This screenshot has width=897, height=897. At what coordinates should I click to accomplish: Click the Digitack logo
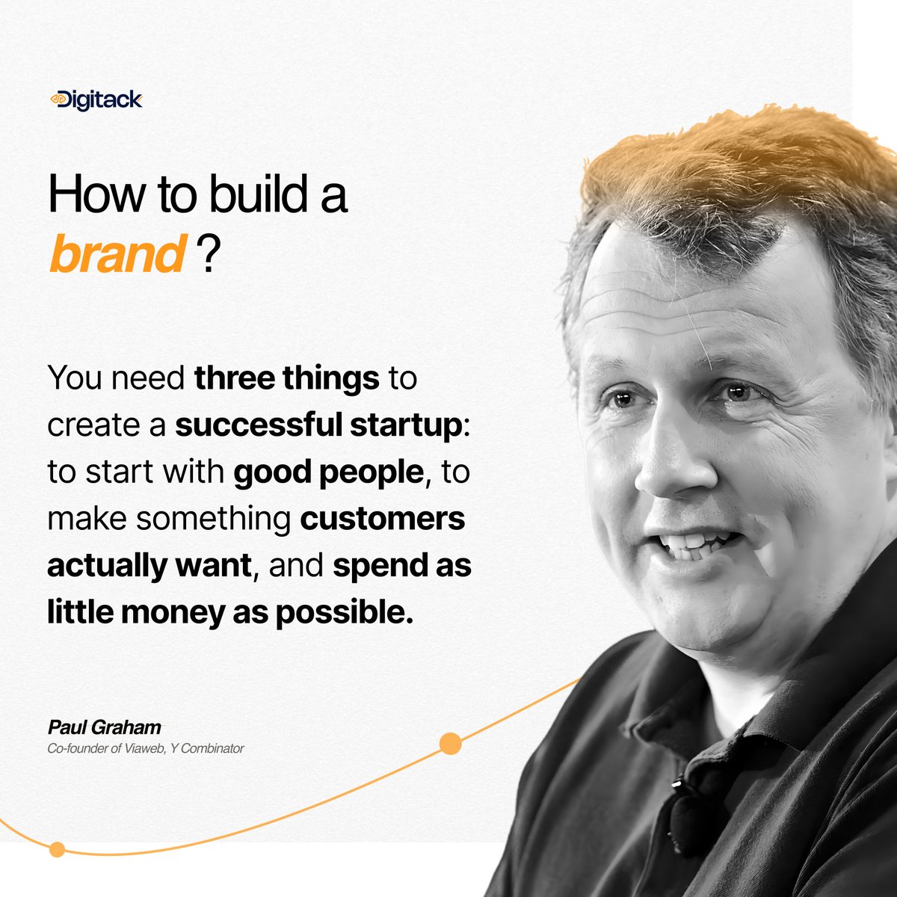click(x=96, y=99)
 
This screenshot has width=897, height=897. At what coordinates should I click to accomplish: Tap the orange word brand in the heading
click(x=116, y=255)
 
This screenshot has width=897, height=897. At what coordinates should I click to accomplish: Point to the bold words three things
click(x=286, y=378)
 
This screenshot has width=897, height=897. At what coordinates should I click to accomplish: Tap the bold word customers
click(x=382, y=519)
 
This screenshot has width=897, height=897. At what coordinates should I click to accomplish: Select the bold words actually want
click(x=147, y=566)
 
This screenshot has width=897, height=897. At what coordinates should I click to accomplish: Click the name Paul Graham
click(x=104, y=727)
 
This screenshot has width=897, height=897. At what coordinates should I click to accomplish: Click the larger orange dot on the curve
click(x=450, y=744)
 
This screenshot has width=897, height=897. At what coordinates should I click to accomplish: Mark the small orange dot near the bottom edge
click(x=57, y=849)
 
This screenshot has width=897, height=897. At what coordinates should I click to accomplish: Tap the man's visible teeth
click(x=691, y=544)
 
